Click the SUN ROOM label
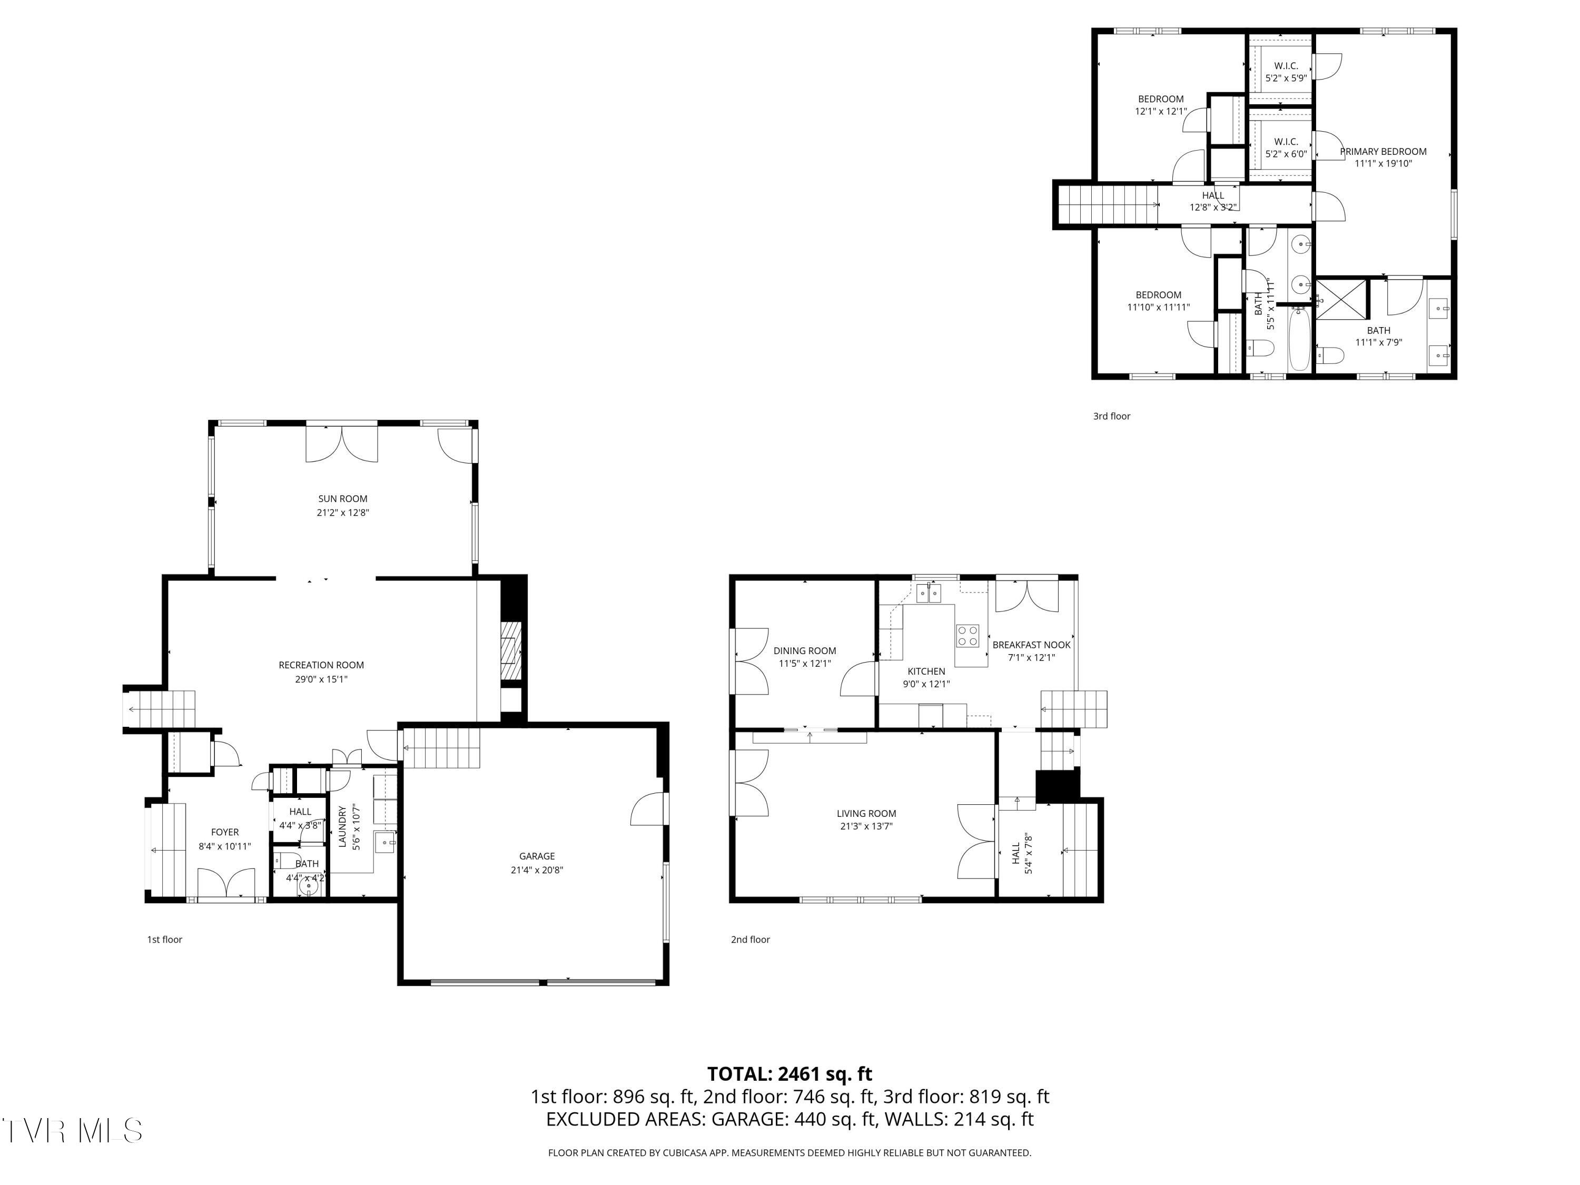pos(343,499)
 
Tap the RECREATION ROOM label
pos(321,665)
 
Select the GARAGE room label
pos(537,856)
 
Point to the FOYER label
pos(225,832)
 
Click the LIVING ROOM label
pos(866,814)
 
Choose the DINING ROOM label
pos(805,651)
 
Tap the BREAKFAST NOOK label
pos(1031,645)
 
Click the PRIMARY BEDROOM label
pos(1384,152)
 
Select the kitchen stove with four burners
pos(968,636)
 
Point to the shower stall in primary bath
pos(1341,299)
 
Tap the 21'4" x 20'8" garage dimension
pos(537,870)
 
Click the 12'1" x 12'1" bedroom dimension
pos(1161,112)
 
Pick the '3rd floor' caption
pos(1111,416)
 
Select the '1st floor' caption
pos(165,939)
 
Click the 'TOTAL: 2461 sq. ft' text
pos(789,1073)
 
